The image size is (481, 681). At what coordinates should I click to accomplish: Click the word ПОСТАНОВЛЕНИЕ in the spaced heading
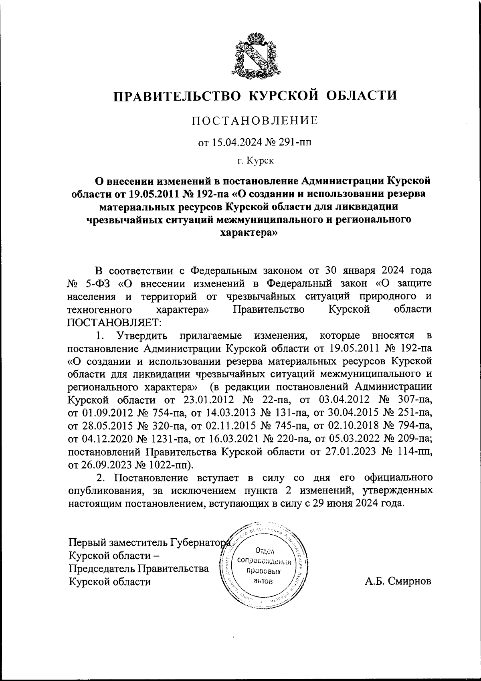pyautogui.click(x=255, y=121)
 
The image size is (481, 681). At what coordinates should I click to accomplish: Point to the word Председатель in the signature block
pyautogui.click(x=102, y=568)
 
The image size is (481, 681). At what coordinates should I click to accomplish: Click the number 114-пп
pyautogui.click(x=413, y=452)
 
